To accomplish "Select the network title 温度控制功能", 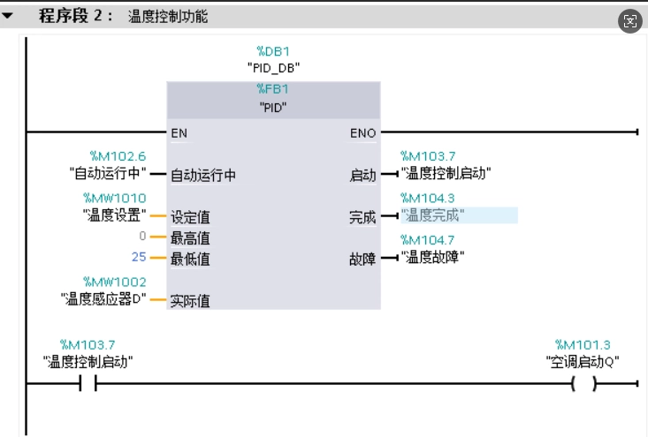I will point(168,16).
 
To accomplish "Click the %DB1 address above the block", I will point(274,50).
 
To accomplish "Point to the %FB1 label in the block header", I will point(274,89).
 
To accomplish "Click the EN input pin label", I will point(179,133).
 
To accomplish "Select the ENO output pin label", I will point(362,133).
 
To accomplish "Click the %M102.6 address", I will point(118,156).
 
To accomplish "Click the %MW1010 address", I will point(115,198).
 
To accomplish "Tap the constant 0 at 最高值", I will point(142,237).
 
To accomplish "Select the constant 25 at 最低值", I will point(138,258).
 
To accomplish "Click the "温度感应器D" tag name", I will point(103,299).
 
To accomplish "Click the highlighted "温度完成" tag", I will point(433,215).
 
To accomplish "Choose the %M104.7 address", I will point(428,239).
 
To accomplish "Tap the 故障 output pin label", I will point(362,260).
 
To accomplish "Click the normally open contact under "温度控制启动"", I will point(88,384).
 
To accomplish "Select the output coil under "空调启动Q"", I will point(583,384).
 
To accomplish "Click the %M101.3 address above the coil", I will point(583,343).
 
